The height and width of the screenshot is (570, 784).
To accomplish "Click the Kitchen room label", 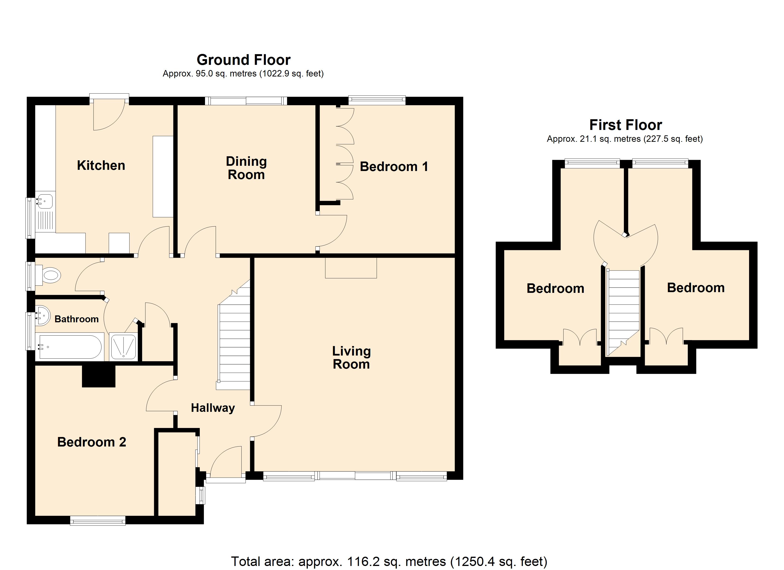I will (x=101, y=166).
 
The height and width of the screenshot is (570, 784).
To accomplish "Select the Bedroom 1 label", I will (x=394, y=167).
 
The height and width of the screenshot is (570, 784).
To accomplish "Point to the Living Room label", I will (x=351, y=357).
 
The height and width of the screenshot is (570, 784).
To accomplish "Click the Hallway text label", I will (x=213, y=408).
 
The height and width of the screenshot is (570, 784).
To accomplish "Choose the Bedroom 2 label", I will (x=92, y=442).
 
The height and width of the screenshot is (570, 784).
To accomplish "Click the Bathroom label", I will (x=76, y=319).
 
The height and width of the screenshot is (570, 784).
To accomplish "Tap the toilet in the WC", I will (x=50, y=275).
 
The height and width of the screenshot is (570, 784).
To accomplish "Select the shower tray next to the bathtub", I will (x=123, y=347).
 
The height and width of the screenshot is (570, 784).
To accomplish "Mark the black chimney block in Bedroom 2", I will (x=99, y=376).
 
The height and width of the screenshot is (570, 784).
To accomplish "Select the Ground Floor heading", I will (x=243, y=60).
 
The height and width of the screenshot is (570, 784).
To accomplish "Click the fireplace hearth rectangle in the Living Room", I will (x=351, y=268).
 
